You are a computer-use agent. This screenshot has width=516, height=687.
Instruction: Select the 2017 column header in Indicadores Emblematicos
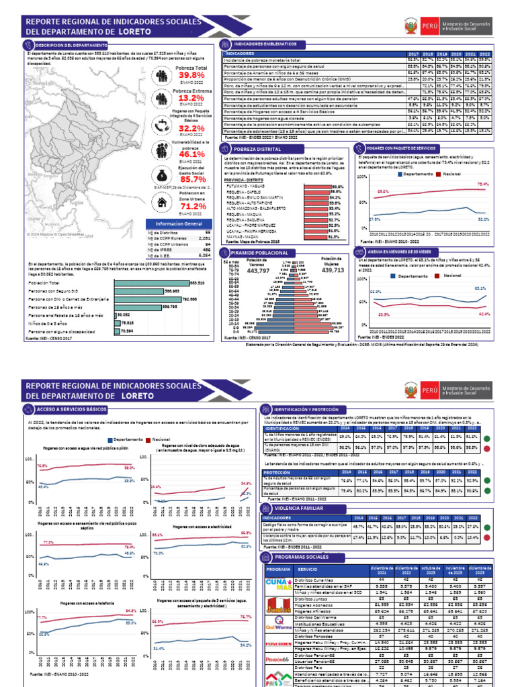point(413,52)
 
